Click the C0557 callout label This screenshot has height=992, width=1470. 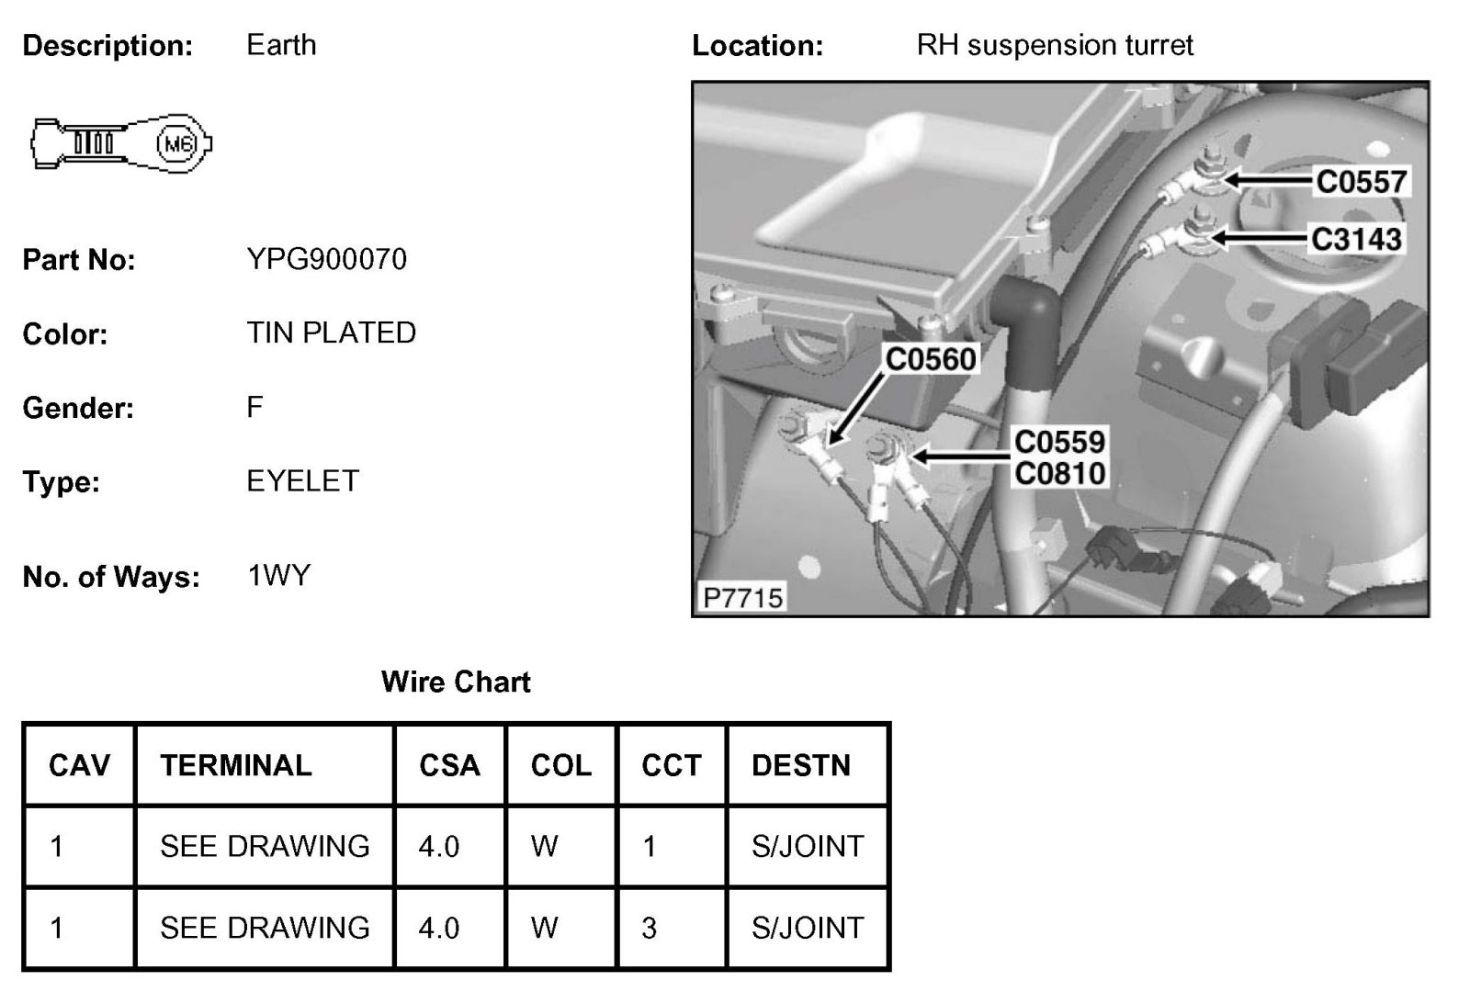[x=1361, y=181]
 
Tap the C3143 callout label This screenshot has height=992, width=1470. [x=1356, y=239]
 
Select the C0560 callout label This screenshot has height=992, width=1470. [x=930, y=358]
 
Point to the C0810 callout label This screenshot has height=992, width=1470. [x=1060, y=474]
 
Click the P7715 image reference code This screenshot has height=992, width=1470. [x=742, y=598]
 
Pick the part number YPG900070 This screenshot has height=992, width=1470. [x=326, y=260]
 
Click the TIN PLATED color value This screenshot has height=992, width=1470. [x=331, y=333]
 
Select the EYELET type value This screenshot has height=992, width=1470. [x=302, y=481]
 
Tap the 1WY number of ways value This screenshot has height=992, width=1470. [x=278, y=576]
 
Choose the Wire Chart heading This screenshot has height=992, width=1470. [x=456, y=682]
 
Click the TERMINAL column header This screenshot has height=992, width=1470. [x=236, y=765]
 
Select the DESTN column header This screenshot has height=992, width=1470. [x=801, y=765]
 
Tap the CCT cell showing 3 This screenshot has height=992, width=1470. [x=650, y=928]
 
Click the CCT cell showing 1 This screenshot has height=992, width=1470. [x=650, y=846]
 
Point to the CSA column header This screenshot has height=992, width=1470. [x=449, y=765]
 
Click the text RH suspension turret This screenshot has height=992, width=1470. [x=1055, y=45]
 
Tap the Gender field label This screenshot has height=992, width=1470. [x=78, y=408]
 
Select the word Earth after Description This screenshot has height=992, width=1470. [x=281, y=45]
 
